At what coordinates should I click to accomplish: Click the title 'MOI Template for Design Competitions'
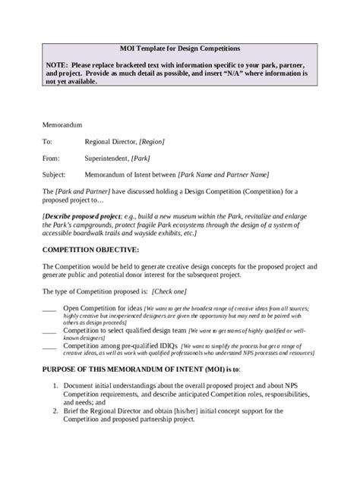179,46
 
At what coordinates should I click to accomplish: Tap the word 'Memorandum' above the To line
63,124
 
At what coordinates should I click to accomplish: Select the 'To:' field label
48,142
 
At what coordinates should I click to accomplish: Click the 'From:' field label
52,159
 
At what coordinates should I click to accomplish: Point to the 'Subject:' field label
55,177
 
